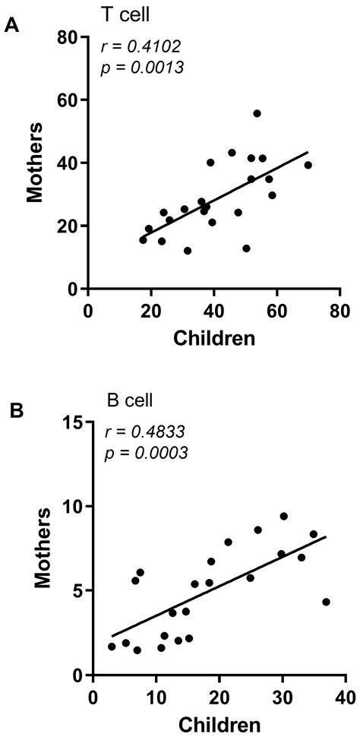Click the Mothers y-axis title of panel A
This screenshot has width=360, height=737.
[x=34, y=163]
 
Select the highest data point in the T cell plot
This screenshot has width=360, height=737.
[x=257, y=113]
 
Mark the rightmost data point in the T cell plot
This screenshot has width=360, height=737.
[x=308, y=165]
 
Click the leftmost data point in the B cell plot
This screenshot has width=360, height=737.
[x=112, y=647]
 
